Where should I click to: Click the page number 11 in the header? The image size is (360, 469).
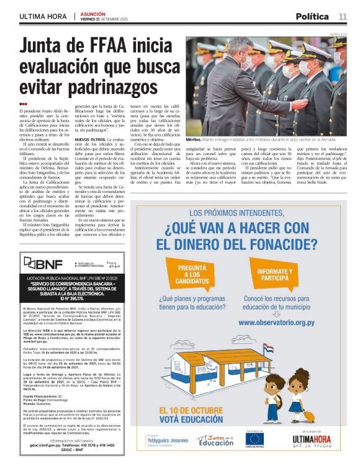[343, 16]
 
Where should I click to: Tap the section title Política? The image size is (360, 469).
[312, 16]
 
